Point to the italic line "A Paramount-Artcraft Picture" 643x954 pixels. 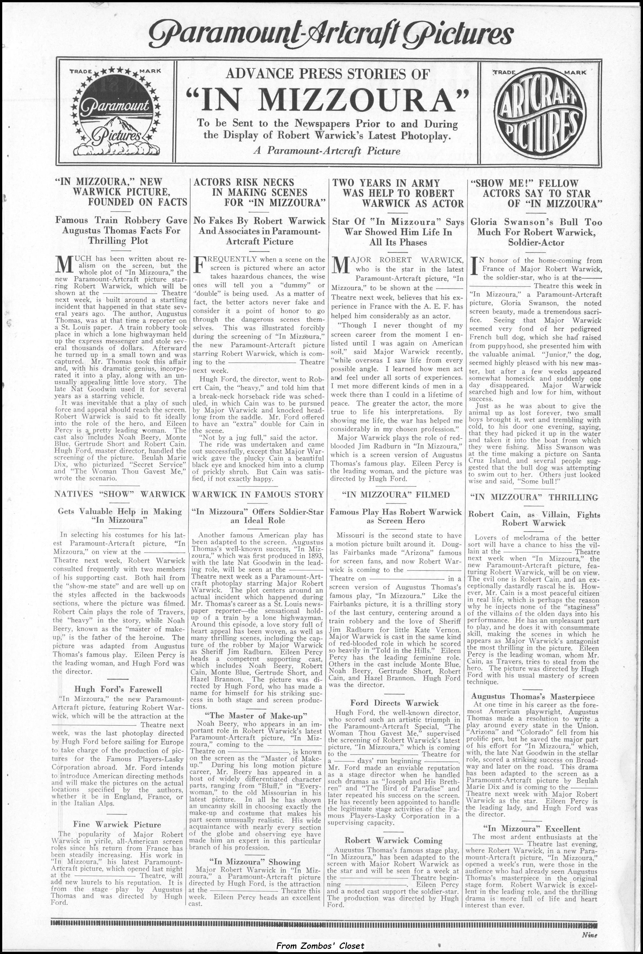[327, 151]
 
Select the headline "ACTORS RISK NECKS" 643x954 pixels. [244, 182]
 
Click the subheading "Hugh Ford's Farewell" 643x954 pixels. [118, 689]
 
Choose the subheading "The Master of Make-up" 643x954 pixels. [256, 716]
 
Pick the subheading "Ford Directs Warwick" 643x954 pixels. [395, 703]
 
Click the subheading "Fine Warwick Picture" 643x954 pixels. [117, 813]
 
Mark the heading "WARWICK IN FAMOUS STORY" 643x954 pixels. [258, 495]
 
